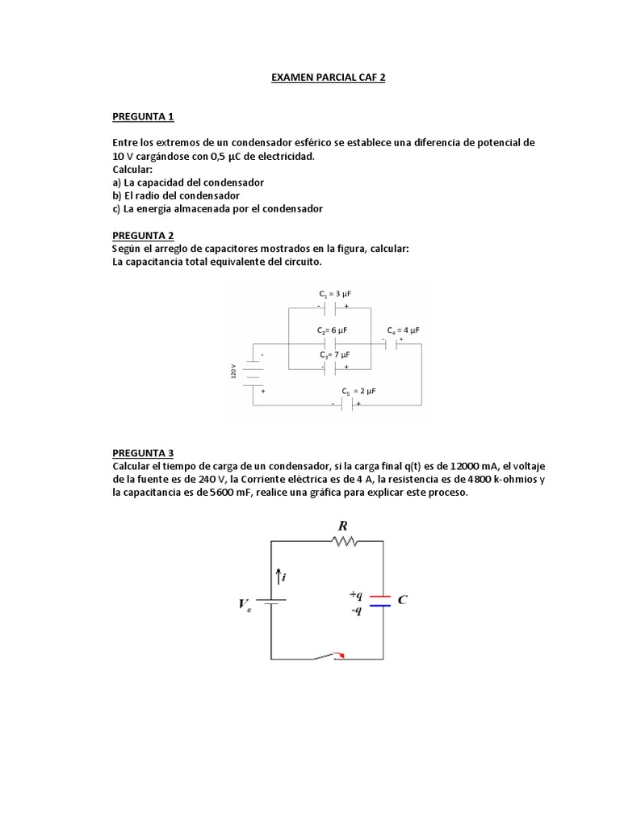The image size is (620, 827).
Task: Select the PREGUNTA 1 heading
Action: pyautogui.click(x=143, y=116)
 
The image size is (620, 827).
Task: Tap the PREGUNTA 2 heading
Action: pyautogui.click(x=143, y=235)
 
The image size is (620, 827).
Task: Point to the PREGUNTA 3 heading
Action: pyautogui.click(x=143, y=453)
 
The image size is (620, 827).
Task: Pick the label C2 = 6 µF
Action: pyautogui.click(x=332, y=331)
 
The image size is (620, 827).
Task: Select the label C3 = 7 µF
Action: pyautogui.click(x=333, y=355)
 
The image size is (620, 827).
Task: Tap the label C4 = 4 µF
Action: pyautogui.click(x=403, y=331)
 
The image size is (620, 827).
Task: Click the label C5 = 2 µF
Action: pyautogui.click(x=358, y=391)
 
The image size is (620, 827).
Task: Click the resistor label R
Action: pyautogui.click(x=342, y=526)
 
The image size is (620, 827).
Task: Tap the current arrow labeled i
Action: pyautogui.click(x=279, y=577)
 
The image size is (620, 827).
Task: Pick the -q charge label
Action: pyautogui.click(x=355, y=610)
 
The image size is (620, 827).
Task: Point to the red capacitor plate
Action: pyautogui.click(x=380, y=597)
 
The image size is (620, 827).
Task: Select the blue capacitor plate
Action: pyautogui.click(x=380, y=605)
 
